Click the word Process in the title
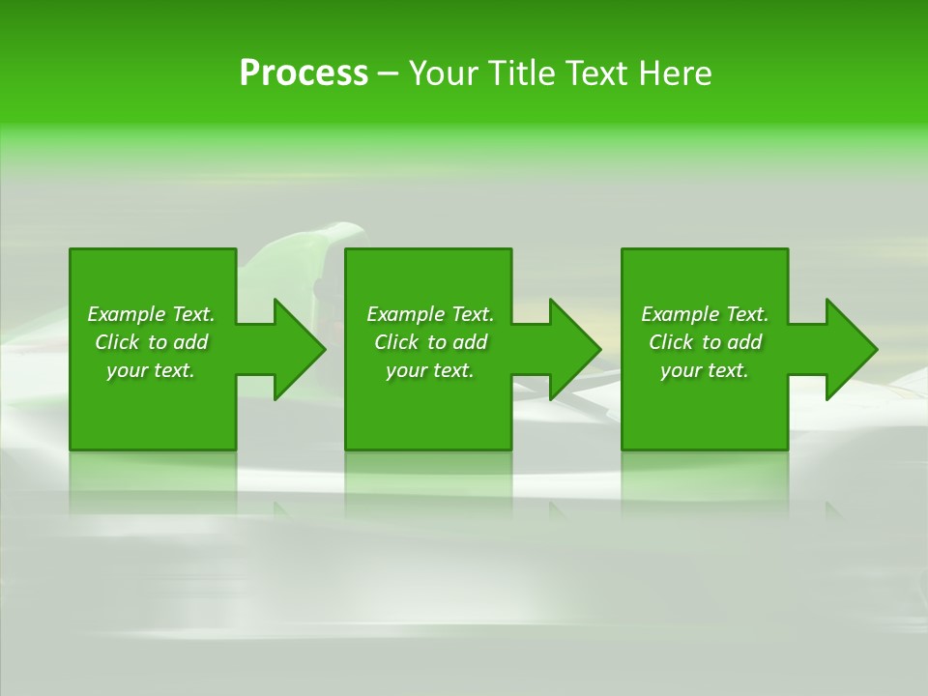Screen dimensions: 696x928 pyautogui.click(x=304, y=73)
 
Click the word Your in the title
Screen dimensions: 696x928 pyautogui.click(x=446, y=73)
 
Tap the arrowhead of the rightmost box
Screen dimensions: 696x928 pyautogui.click(x=850, y=349)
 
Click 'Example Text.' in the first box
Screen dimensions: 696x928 pyautogui.click(x=151, y=314)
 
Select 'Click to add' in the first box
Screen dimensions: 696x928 pyautogui.click(x=151, y=342)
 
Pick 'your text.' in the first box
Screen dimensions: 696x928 pyautogui.click(x=151, y=370)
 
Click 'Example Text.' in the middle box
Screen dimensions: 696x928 pyautogui.click(x=430, y=314)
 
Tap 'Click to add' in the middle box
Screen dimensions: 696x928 pyautogui.click(x=430, y=342)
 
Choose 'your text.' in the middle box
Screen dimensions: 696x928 pyautogui.click(x=430, y=370)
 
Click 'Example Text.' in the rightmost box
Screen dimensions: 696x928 pyautogui.click(x=705, y=314)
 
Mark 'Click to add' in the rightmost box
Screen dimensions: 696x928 pyautogui.click(x=705, y=342)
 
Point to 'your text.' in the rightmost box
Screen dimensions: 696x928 pyautogui.click(x=705, y=370)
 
